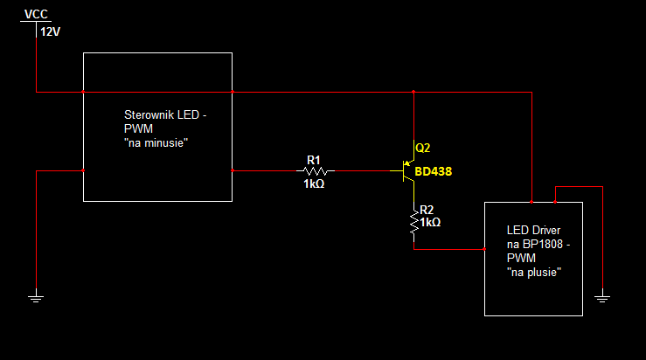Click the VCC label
pos(36,14)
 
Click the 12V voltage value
pos(50,31)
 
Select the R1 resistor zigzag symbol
pos(316,170)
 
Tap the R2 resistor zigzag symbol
pos(414,222)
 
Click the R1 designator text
pos(314,160)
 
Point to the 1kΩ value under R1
pos(314,183)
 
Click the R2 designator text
pos(427,210)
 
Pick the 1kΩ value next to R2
pos(430,223)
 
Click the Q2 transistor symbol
pos(408,170)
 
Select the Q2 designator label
pos(423,148)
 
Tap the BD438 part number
pos(433,171)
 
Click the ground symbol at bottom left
pos(36,297)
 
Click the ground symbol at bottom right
pos(602,297)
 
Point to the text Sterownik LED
pos(162,114)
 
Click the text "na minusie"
pos(156,143)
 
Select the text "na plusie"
pos(534,273)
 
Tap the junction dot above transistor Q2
pos(413,92)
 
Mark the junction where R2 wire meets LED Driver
pos(484,249)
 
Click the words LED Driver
pos(533,231)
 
